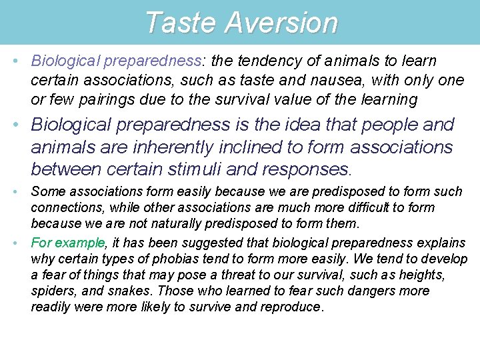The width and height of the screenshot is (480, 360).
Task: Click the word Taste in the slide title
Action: (180, 22)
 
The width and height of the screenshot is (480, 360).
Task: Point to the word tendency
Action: (263, 61)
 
